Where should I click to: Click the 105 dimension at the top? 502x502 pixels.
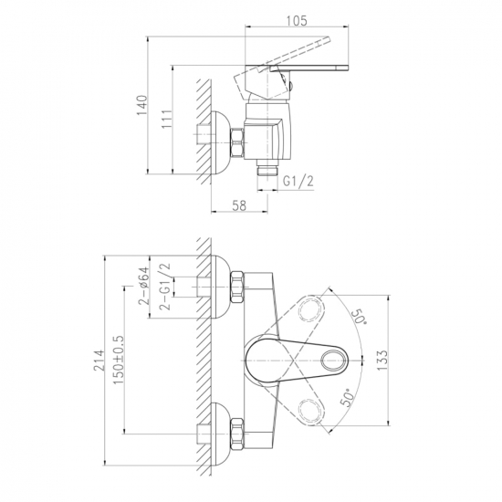click(x=296, y=20)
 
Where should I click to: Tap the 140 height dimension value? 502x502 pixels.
click(x=142, y=105)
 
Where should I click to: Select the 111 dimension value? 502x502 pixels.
click(x=167, y=119)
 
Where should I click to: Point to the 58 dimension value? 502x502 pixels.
click(x=239, y=205)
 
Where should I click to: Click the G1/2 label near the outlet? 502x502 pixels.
click(x=298, y=182)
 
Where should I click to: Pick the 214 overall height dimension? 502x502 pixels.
click(x=99, y=360)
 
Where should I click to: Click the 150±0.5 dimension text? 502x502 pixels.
click(x=118, y=360)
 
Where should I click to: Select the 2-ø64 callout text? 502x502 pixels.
click(x=143, y=285)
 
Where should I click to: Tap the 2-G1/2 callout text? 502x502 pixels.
click(x=165, y=287)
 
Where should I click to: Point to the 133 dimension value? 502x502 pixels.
click(x=382, y=361)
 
